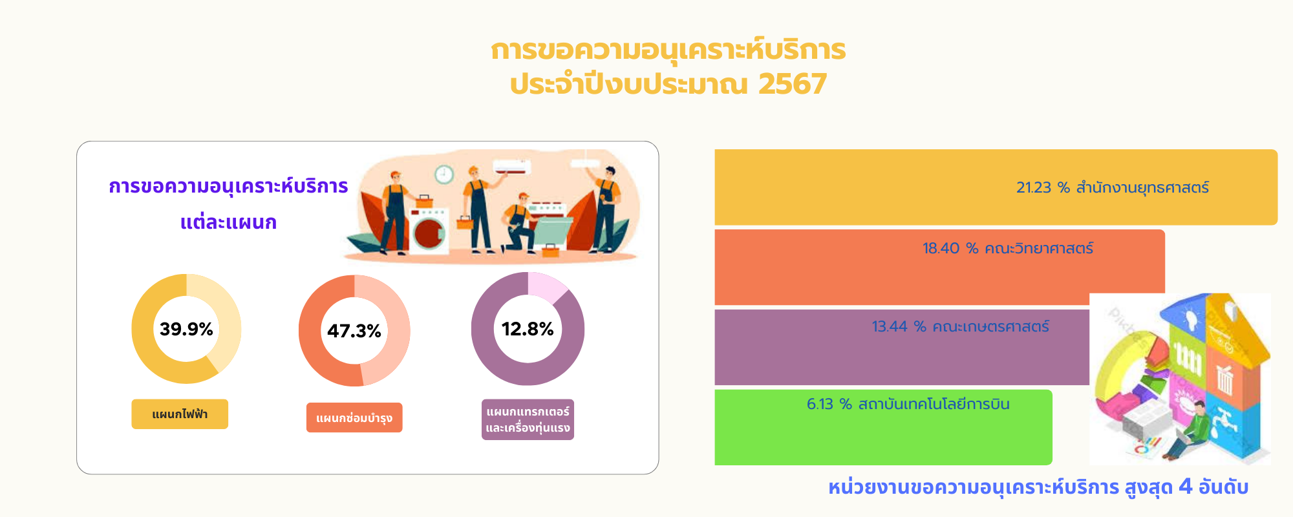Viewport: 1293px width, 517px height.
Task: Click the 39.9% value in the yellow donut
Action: (x=186, y=329)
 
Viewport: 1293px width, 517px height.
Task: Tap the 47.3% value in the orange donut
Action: (x=354, y=331)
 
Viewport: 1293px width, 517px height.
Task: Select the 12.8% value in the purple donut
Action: (x=528, y=329)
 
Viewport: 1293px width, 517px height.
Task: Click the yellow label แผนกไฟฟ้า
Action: (x=180, y=414)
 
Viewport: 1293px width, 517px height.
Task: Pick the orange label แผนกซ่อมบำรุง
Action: (x=354, y=417)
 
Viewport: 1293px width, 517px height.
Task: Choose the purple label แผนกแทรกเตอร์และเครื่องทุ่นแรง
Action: (x=528, y=419)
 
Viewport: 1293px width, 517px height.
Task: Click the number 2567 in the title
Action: (x=793, y=84)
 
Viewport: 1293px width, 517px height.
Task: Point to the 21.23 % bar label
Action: (x=1112, y=187)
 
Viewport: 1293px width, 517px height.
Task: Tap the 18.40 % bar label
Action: (x=1007, y=248)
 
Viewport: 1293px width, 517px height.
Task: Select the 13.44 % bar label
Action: (x=960, y=326)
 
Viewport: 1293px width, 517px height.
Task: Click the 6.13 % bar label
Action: (x=908, y=404)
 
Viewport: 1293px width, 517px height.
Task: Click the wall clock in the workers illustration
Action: (x=444, y=174)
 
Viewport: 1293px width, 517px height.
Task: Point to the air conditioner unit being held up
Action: (x=512, y=168)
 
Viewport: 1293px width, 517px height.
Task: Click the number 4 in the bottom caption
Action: (x=1185, y=486)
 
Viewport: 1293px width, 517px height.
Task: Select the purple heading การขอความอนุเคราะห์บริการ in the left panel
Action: (x=228, y=186)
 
